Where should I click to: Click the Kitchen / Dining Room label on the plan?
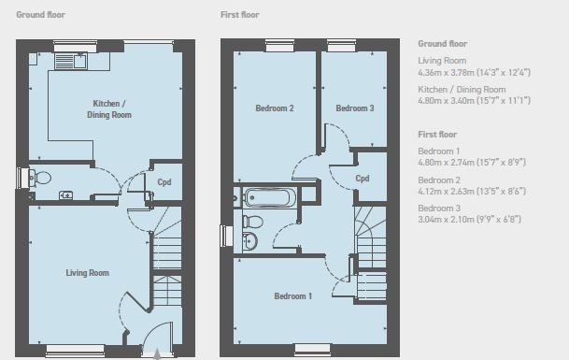[109, 109]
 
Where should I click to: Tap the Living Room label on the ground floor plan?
[88, 273]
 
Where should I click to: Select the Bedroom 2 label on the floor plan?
[275, 108]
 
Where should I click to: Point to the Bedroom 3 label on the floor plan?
[354, 108]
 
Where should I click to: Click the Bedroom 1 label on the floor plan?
[292, 296]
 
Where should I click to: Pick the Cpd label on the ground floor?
[164, 182]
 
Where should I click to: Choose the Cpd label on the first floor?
[363, 179]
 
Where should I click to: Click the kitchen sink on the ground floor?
[70, 61]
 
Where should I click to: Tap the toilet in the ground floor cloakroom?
[40, 178]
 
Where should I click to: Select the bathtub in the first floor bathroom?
[268, 197]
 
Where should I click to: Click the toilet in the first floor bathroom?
[252, 222]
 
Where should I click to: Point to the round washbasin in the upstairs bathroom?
[249, 240]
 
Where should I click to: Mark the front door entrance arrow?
[157, 354]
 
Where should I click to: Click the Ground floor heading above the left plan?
[41, 15]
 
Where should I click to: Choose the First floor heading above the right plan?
[240, 15]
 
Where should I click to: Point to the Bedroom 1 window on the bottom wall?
[312, 349]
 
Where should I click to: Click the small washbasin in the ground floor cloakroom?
[65, 195]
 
